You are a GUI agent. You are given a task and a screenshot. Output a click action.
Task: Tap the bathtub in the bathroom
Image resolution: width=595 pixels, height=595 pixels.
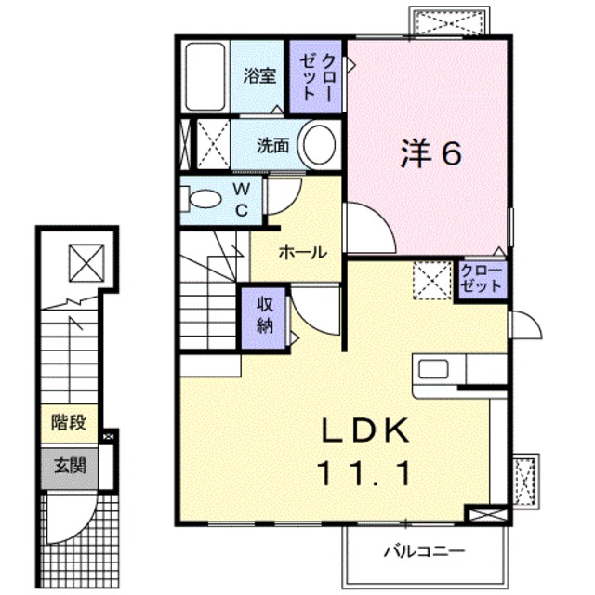[x=205, y=76]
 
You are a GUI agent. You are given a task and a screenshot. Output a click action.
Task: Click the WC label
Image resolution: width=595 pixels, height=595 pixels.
[x=240, y=198]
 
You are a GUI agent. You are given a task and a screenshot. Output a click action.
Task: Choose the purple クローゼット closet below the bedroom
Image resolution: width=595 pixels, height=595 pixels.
[x=482, y=279]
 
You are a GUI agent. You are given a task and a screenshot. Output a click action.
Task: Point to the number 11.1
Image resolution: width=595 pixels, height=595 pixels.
[x=364, y=474]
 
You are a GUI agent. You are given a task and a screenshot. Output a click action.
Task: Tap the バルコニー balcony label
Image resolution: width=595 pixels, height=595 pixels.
[x=424, y=550]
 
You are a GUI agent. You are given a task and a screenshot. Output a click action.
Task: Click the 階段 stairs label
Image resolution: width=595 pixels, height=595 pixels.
[x=69, y=423]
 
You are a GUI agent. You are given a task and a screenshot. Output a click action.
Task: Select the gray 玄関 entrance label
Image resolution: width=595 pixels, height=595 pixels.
[x=69, y=465]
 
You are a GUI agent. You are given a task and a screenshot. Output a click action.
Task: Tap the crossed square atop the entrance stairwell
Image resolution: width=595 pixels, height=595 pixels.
[x=86, y=262]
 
